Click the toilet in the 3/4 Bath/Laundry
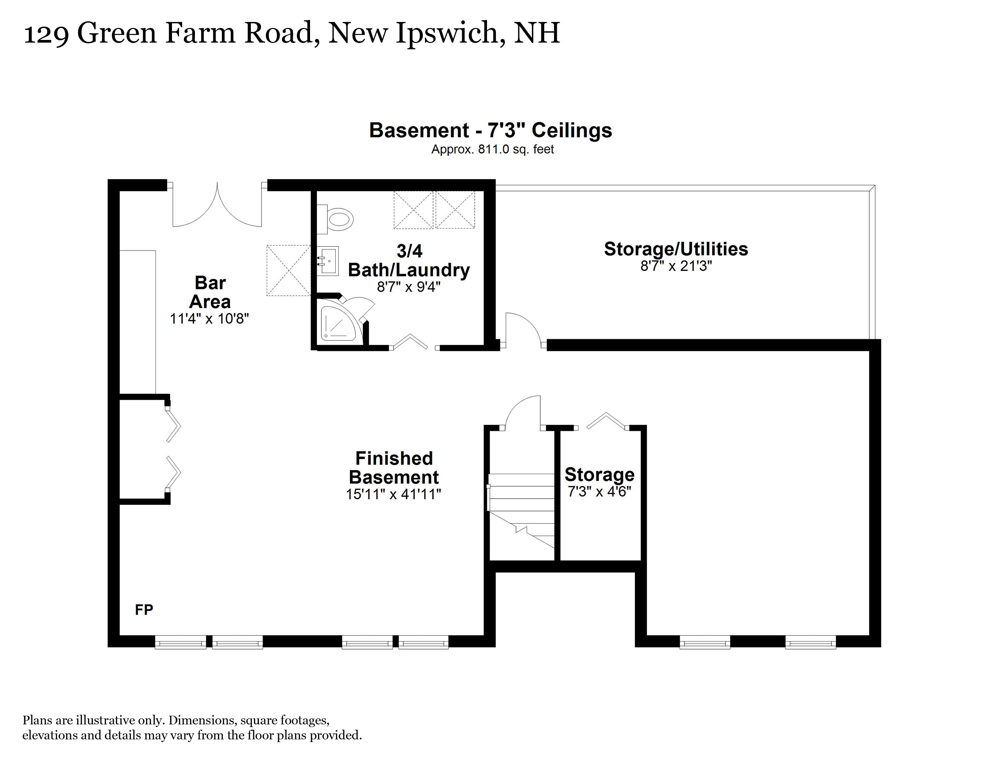[338, 220]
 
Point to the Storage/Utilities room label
[676, 249]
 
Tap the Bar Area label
[210, 292]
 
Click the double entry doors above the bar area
[217, 206]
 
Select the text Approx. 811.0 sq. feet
[492, 149]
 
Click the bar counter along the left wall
[137, 321]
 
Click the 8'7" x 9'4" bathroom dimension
[408, 287]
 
